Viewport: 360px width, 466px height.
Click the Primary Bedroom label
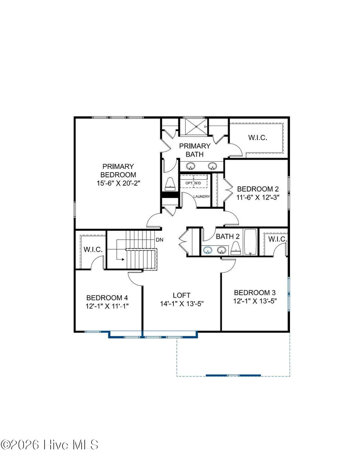118,170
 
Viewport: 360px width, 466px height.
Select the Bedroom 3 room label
256,292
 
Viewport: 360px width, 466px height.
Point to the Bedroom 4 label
107,298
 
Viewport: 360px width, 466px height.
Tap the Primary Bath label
194,150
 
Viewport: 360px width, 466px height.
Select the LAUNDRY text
202,196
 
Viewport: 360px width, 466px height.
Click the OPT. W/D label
193,183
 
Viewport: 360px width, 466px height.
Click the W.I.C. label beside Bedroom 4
93,249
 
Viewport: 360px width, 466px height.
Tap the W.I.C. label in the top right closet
258,138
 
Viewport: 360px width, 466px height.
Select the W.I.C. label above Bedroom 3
277,239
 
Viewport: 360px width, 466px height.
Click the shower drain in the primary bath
197,126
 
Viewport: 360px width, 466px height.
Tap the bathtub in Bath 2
252,242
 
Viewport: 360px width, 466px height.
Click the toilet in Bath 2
236,249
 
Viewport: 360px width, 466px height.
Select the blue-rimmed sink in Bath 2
207,250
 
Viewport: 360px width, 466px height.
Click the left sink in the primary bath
191,166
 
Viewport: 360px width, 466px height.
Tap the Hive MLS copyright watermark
50,444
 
